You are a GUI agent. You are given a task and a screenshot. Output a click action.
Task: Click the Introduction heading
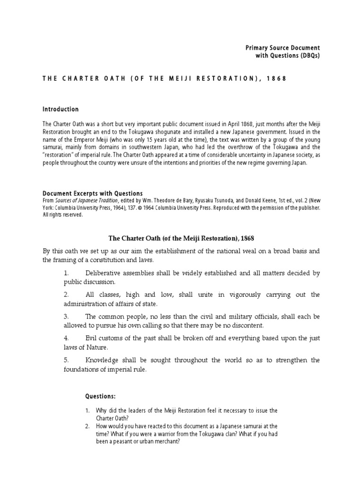click(x=60, y=109)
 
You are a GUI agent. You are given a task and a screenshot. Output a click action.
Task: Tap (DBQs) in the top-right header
click(x=309, y=56)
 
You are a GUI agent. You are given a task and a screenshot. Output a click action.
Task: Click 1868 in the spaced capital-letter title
click(x=276, y=78)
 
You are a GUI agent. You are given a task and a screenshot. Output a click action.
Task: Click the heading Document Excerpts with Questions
click(x=92, y=193)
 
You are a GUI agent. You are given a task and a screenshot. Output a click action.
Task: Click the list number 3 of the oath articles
click(x=66, y=316)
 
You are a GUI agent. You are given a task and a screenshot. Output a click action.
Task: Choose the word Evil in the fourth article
click(x=91, y=338)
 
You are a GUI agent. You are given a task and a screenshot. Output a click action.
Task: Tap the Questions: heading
click(x=100, y=396)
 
